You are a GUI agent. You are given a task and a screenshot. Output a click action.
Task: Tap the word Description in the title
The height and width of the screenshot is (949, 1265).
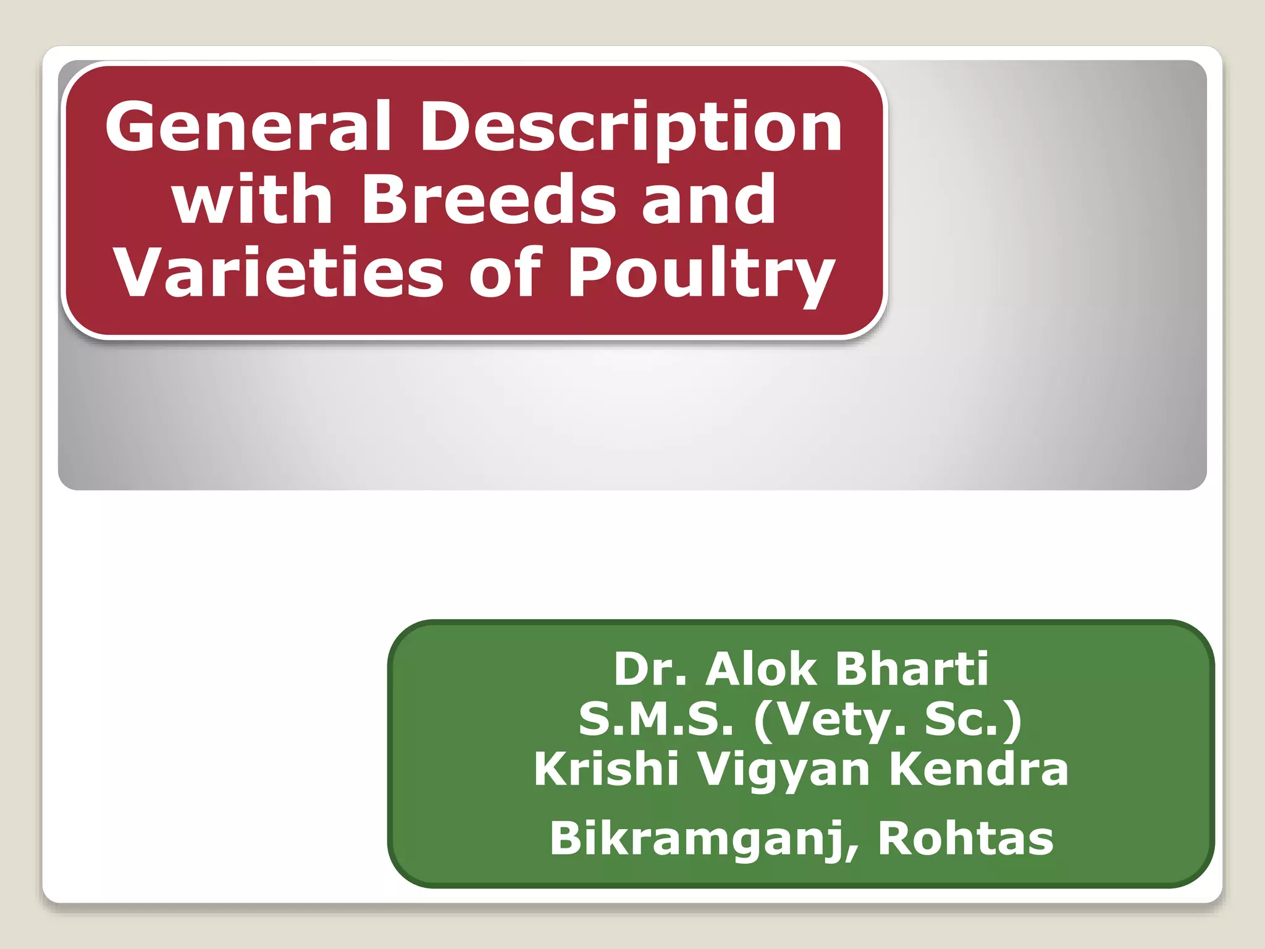631,128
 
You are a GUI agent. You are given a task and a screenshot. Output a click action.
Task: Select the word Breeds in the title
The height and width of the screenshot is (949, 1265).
489,200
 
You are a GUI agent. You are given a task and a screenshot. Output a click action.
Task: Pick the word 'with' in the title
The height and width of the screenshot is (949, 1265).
253,200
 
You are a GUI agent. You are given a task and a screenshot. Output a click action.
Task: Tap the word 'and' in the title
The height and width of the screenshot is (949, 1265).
708,200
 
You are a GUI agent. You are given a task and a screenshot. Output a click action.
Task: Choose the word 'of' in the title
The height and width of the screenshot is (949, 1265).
505,272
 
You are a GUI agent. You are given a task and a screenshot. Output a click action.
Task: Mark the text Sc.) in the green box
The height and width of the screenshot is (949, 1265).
973,720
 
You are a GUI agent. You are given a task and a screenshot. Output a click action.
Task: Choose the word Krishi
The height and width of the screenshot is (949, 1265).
606,769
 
